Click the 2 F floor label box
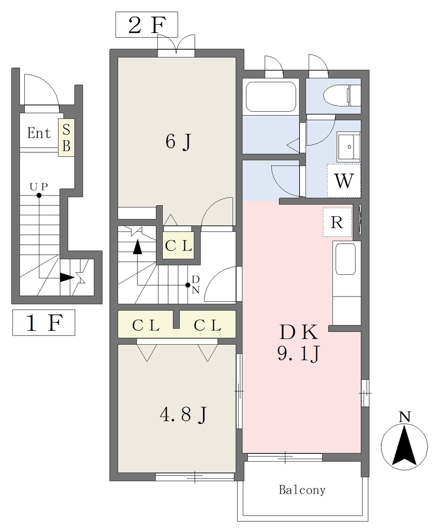coord(147,24)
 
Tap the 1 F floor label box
coord(43,322)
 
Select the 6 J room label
coord(178,141)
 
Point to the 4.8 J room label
coord(183,414)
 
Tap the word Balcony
coord(302,490)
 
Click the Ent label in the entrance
coord(39,133)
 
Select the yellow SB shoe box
coord(66,138)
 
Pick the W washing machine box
coord(344,181)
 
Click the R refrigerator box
coord(337,222)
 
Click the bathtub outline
coord(271,96)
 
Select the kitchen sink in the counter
coord(345,259)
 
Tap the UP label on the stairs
coord(38,186)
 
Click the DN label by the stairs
coord(196,285)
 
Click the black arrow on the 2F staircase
coord(137,247)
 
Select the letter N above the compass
coord(404,417)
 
